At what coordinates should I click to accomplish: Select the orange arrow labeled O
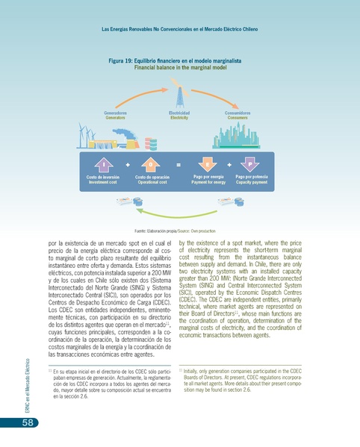[x=151, y=163]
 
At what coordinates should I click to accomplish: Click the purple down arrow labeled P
[x=252, y=163]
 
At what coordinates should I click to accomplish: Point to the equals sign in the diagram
[x=179, y=163]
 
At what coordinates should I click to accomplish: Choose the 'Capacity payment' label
[x=252, y=181]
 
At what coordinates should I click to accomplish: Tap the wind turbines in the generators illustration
[x=86, y=136]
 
